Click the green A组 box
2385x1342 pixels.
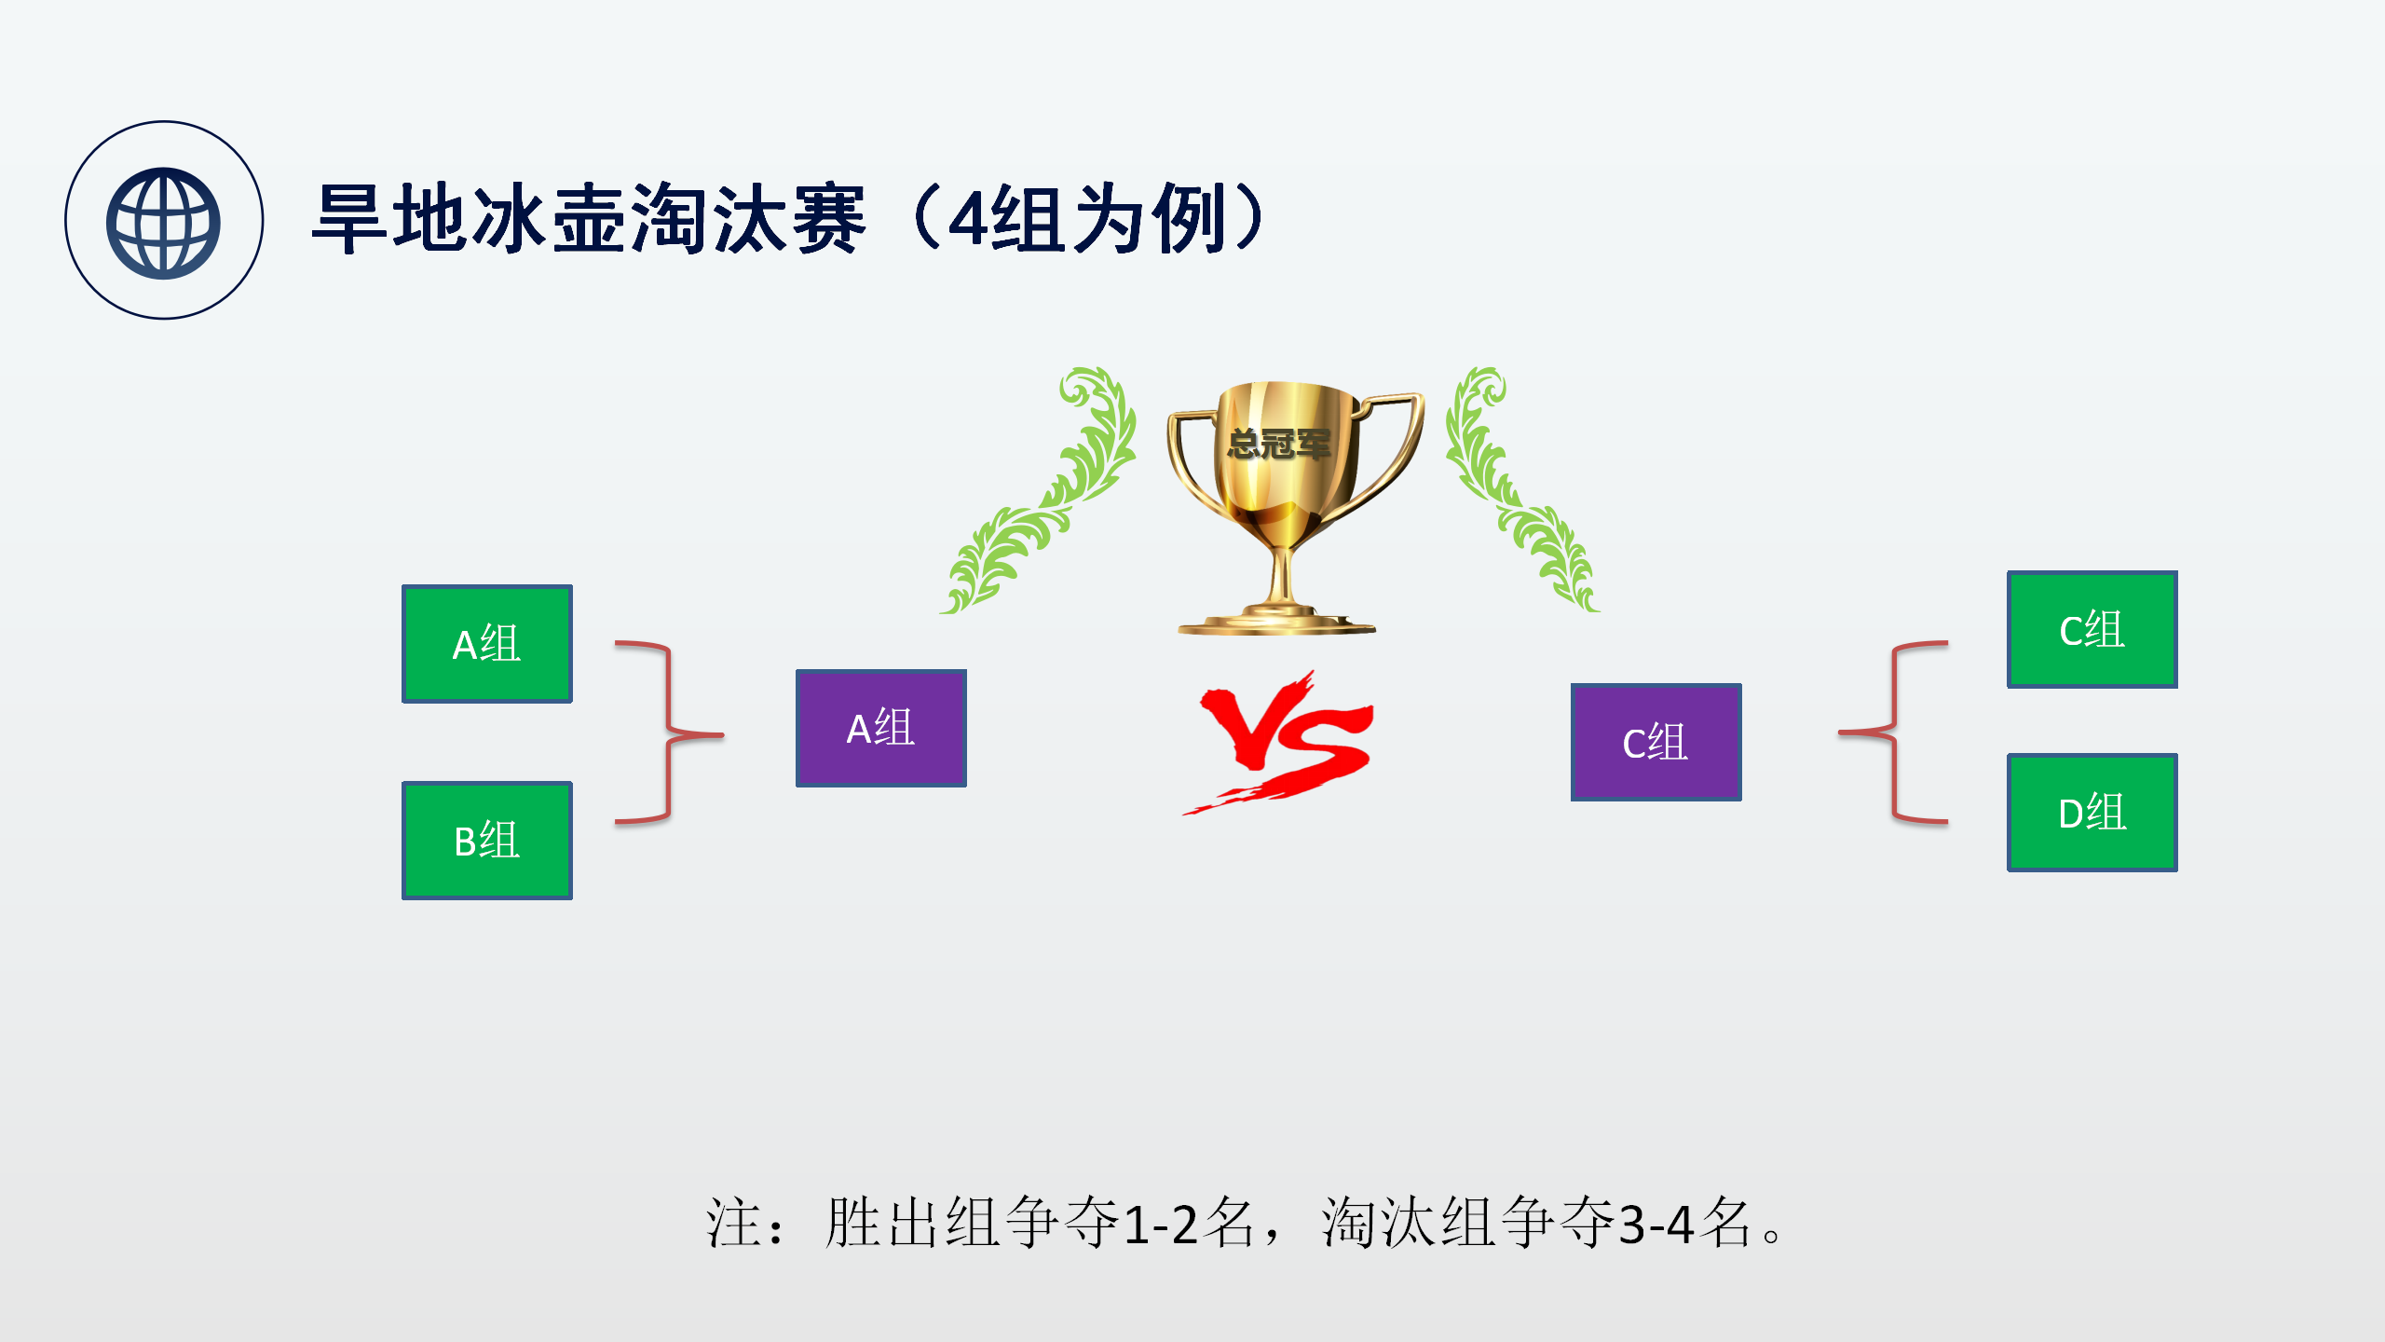487,644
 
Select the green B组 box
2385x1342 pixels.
487,841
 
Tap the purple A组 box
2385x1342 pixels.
881,728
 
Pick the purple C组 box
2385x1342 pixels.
1656,742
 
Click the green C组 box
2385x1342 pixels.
2092,630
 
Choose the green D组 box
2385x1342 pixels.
2092,813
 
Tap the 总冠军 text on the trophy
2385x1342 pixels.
1278,444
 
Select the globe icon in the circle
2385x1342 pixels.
163,223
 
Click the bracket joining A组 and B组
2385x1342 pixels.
669,733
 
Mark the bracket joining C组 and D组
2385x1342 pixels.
1894,733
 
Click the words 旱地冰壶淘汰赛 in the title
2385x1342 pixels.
589,220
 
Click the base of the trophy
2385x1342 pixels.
1276,620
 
